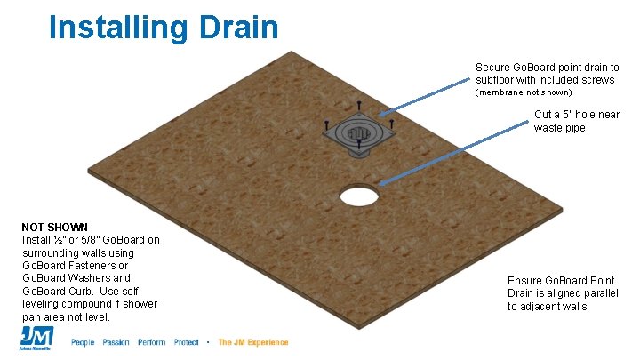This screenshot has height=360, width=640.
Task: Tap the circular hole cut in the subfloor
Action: coord(359,195)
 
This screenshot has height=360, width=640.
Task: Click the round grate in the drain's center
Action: coord(359,135)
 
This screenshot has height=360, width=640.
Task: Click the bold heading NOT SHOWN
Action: coord(54,227)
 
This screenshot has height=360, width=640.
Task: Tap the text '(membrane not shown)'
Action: coord(524,92)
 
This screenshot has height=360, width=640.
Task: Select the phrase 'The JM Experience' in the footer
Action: coord(253,342)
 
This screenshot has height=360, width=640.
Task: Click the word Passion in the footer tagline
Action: coord(116,342)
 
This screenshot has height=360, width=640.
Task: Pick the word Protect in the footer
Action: coord(187,342)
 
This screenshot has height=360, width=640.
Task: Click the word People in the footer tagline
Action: coord(83,342)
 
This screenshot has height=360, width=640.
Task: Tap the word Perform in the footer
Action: coord(151,342)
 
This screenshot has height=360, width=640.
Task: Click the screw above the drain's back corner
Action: coord(359,104)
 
